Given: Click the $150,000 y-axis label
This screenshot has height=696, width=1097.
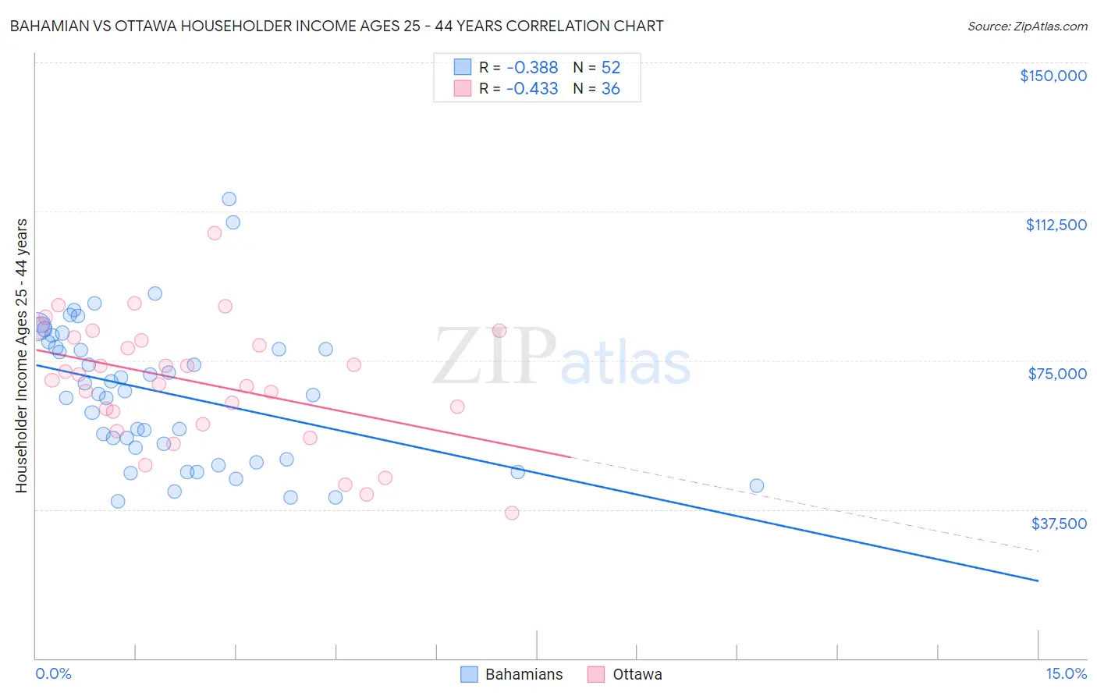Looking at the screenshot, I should click(x=1053, y=76).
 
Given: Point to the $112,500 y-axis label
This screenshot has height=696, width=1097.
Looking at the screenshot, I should click(x=1056, y=225).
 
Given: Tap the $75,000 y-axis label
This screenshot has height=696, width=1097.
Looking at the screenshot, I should click(x=1057, y=374).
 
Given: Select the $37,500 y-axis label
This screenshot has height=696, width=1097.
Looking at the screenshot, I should click(x=1059, y=524).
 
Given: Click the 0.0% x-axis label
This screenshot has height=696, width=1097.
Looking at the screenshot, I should click(x=53, y=674).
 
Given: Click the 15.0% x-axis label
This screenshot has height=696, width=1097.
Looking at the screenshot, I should click(x=1066, y=674).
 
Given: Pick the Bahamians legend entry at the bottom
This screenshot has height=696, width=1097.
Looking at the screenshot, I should click(x=512, y=674).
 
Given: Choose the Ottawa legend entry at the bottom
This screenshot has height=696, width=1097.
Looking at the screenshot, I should click(x=625, y=674).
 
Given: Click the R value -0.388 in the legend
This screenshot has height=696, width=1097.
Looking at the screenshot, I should click(x=532, y=68).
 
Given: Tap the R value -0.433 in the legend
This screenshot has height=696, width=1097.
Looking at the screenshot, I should click(x=532, y=89).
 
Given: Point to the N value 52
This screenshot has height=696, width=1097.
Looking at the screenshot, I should click(x=610, y=68).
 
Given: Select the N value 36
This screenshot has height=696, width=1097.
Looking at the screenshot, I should click(x=610, y=89).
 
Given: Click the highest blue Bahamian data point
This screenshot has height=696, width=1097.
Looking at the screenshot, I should click(x=229, y=199).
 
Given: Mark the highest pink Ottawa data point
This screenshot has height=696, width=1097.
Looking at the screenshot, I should click(x=215, y=233).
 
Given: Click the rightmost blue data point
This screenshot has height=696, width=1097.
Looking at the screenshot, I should click(x=756, y=486).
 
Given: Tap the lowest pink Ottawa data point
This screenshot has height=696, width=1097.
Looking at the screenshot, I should click(x=512, y=513).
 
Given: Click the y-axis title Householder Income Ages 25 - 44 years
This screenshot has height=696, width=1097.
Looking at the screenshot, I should click(x=22, y=356).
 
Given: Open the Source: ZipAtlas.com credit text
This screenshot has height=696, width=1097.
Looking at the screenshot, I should click(x=1027, y=27).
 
